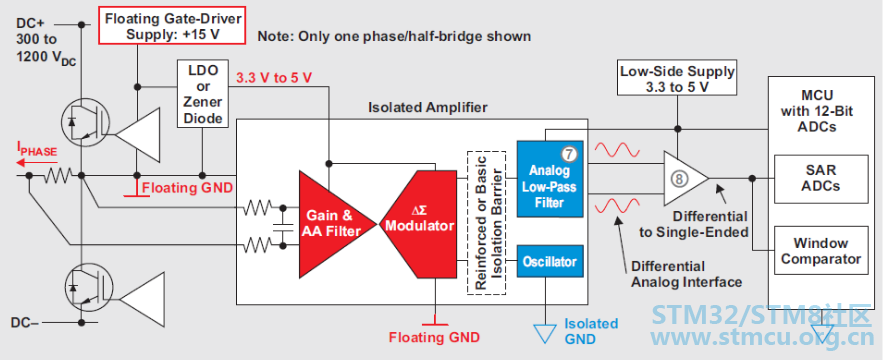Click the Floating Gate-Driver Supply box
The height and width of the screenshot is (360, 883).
tap(172, 26)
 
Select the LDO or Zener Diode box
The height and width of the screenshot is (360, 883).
tap(203, 94)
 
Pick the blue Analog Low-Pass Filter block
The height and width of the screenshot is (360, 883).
tap(550, 179)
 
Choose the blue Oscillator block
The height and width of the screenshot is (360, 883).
tap(550, 261)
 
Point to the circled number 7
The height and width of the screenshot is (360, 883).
tap(569, 152)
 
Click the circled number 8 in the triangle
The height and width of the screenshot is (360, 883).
tap(680, 179)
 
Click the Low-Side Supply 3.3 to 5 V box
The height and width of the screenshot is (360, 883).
tap(677, 79)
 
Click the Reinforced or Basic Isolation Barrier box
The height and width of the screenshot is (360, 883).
tap(487, 223)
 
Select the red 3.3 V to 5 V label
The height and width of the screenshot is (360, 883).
tap(273, 78)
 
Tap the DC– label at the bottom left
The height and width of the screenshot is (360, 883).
tap(25, 323)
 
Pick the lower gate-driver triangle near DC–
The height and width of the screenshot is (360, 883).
tap(143, 300)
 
